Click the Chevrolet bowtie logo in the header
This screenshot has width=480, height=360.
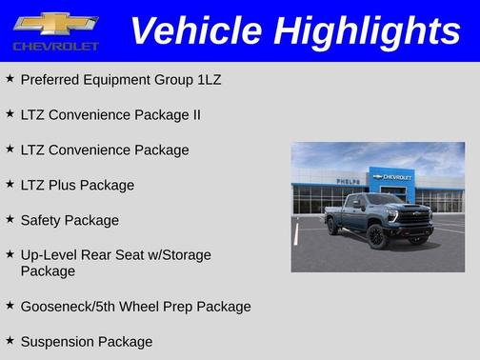tap(56, 23)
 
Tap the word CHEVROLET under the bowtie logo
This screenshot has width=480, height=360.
tap(56, 46)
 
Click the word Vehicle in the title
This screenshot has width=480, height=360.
tap(187, 30)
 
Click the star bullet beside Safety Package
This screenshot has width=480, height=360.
tap(10, 219)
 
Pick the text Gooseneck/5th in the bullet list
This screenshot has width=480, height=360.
tap(66, 307)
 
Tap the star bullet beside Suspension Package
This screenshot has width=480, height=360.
tap(10, 340)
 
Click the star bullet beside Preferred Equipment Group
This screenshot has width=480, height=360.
tap(10, 78)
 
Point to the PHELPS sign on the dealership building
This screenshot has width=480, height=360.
tap(349, 180)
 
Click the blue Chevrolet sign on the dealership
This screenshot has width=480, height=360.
tap(392, 177)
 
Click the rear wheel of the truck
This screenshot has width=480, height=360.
tap(332, 226)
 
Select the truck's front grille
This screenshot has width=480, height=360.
tap(415, 217)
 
